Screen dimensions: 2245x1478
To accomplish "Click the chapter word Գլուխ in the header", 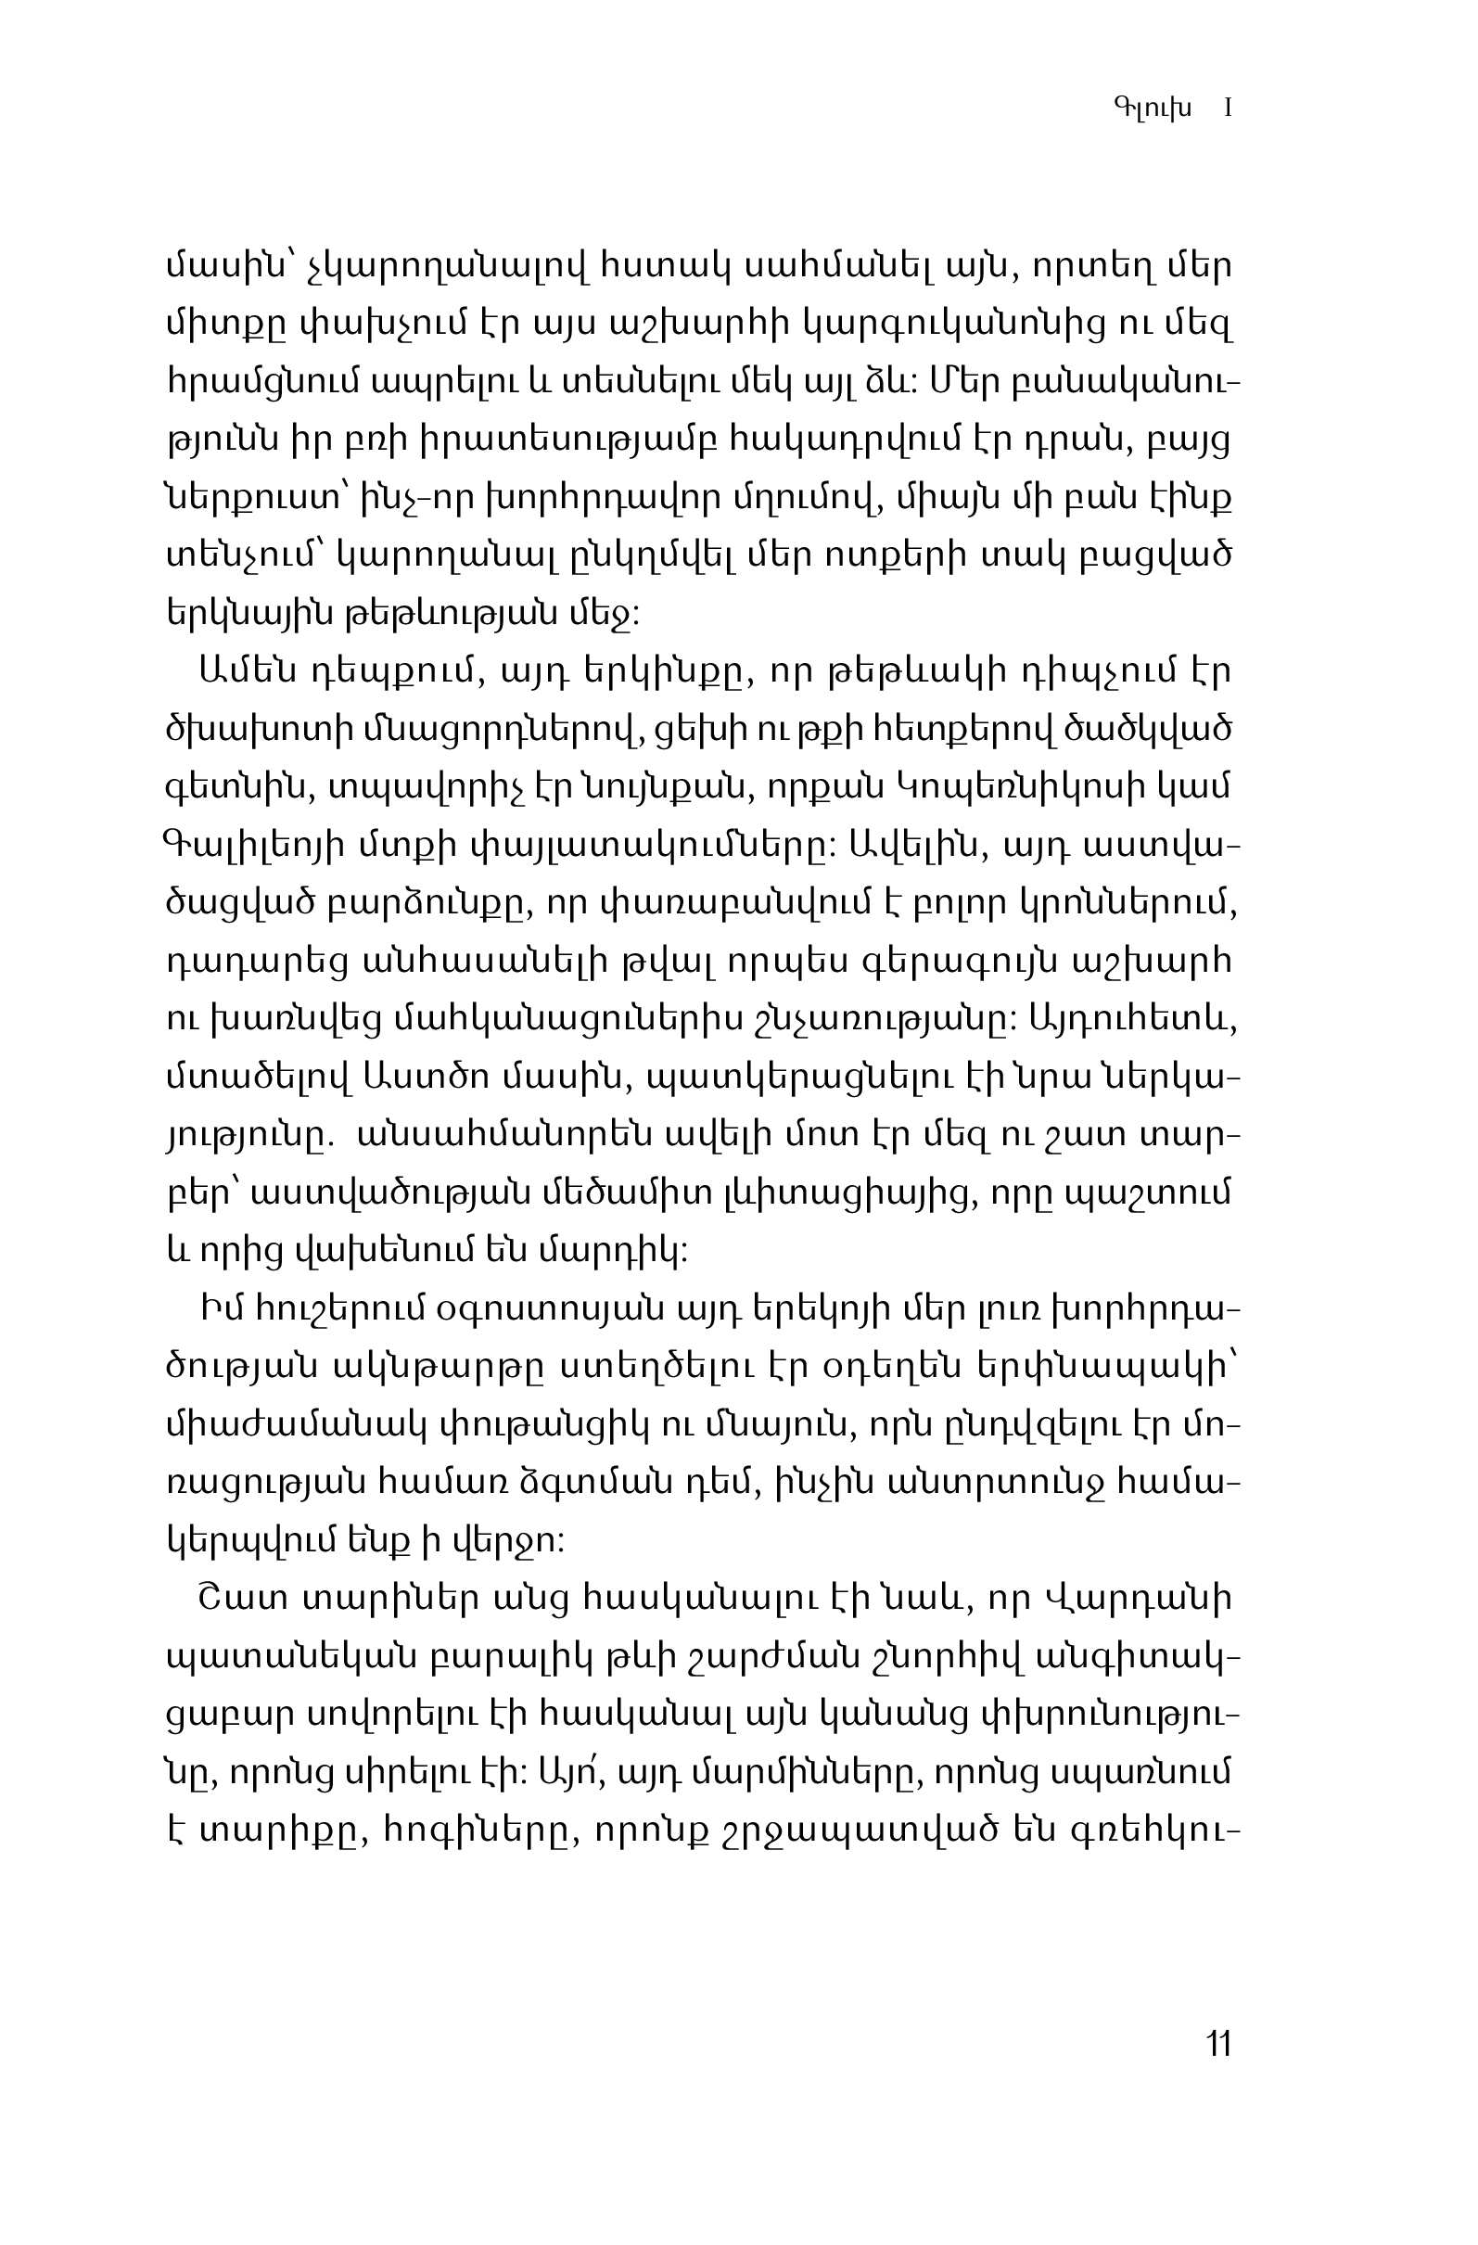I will tap(1152, 108).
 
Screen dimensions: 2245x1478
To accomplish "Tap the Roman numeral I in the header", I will tap(1228, 108).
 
